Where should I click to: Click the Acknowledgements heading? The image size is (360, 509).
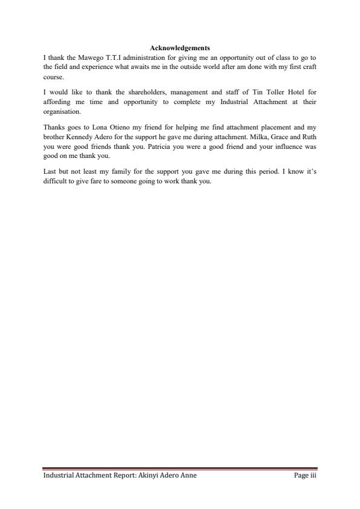pos(180,48)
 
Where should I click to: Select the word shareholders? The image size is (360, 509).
pos(140,92)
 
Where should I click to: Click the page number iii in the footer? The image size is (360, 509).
pos(313,476)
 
